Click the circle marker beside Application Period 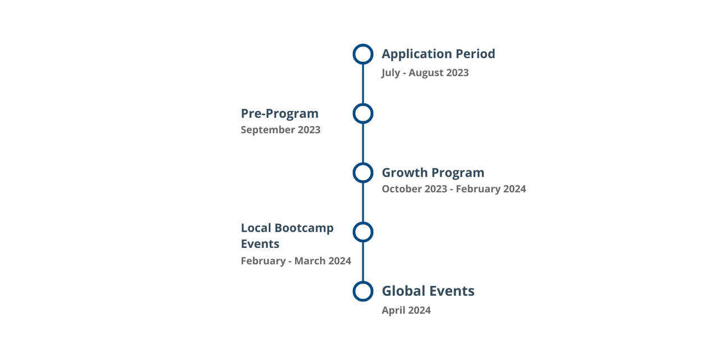(363, 54)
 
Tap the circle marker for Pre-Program (363, 113)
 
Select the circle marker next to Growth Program (363, 173)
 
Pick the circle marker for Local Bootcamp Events (363, 232)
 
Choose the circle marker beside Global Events (363, 291)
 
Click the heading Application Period (438, 54)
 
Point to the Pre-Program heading (279, 113)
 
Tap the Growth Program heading (433, 173)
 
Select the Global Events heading (428, 291)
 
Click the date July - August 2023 (425, 73)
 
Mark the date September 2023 (281, 130)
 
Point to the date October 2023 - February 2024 (453, 189)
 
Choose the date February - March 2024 (296, 261)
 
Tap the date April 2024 (406, 311)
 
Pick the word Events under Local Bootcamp (260, 244)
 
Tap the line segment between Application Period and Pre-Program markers (363, 84)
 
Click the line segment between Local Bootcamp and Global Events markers (363, 261)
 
